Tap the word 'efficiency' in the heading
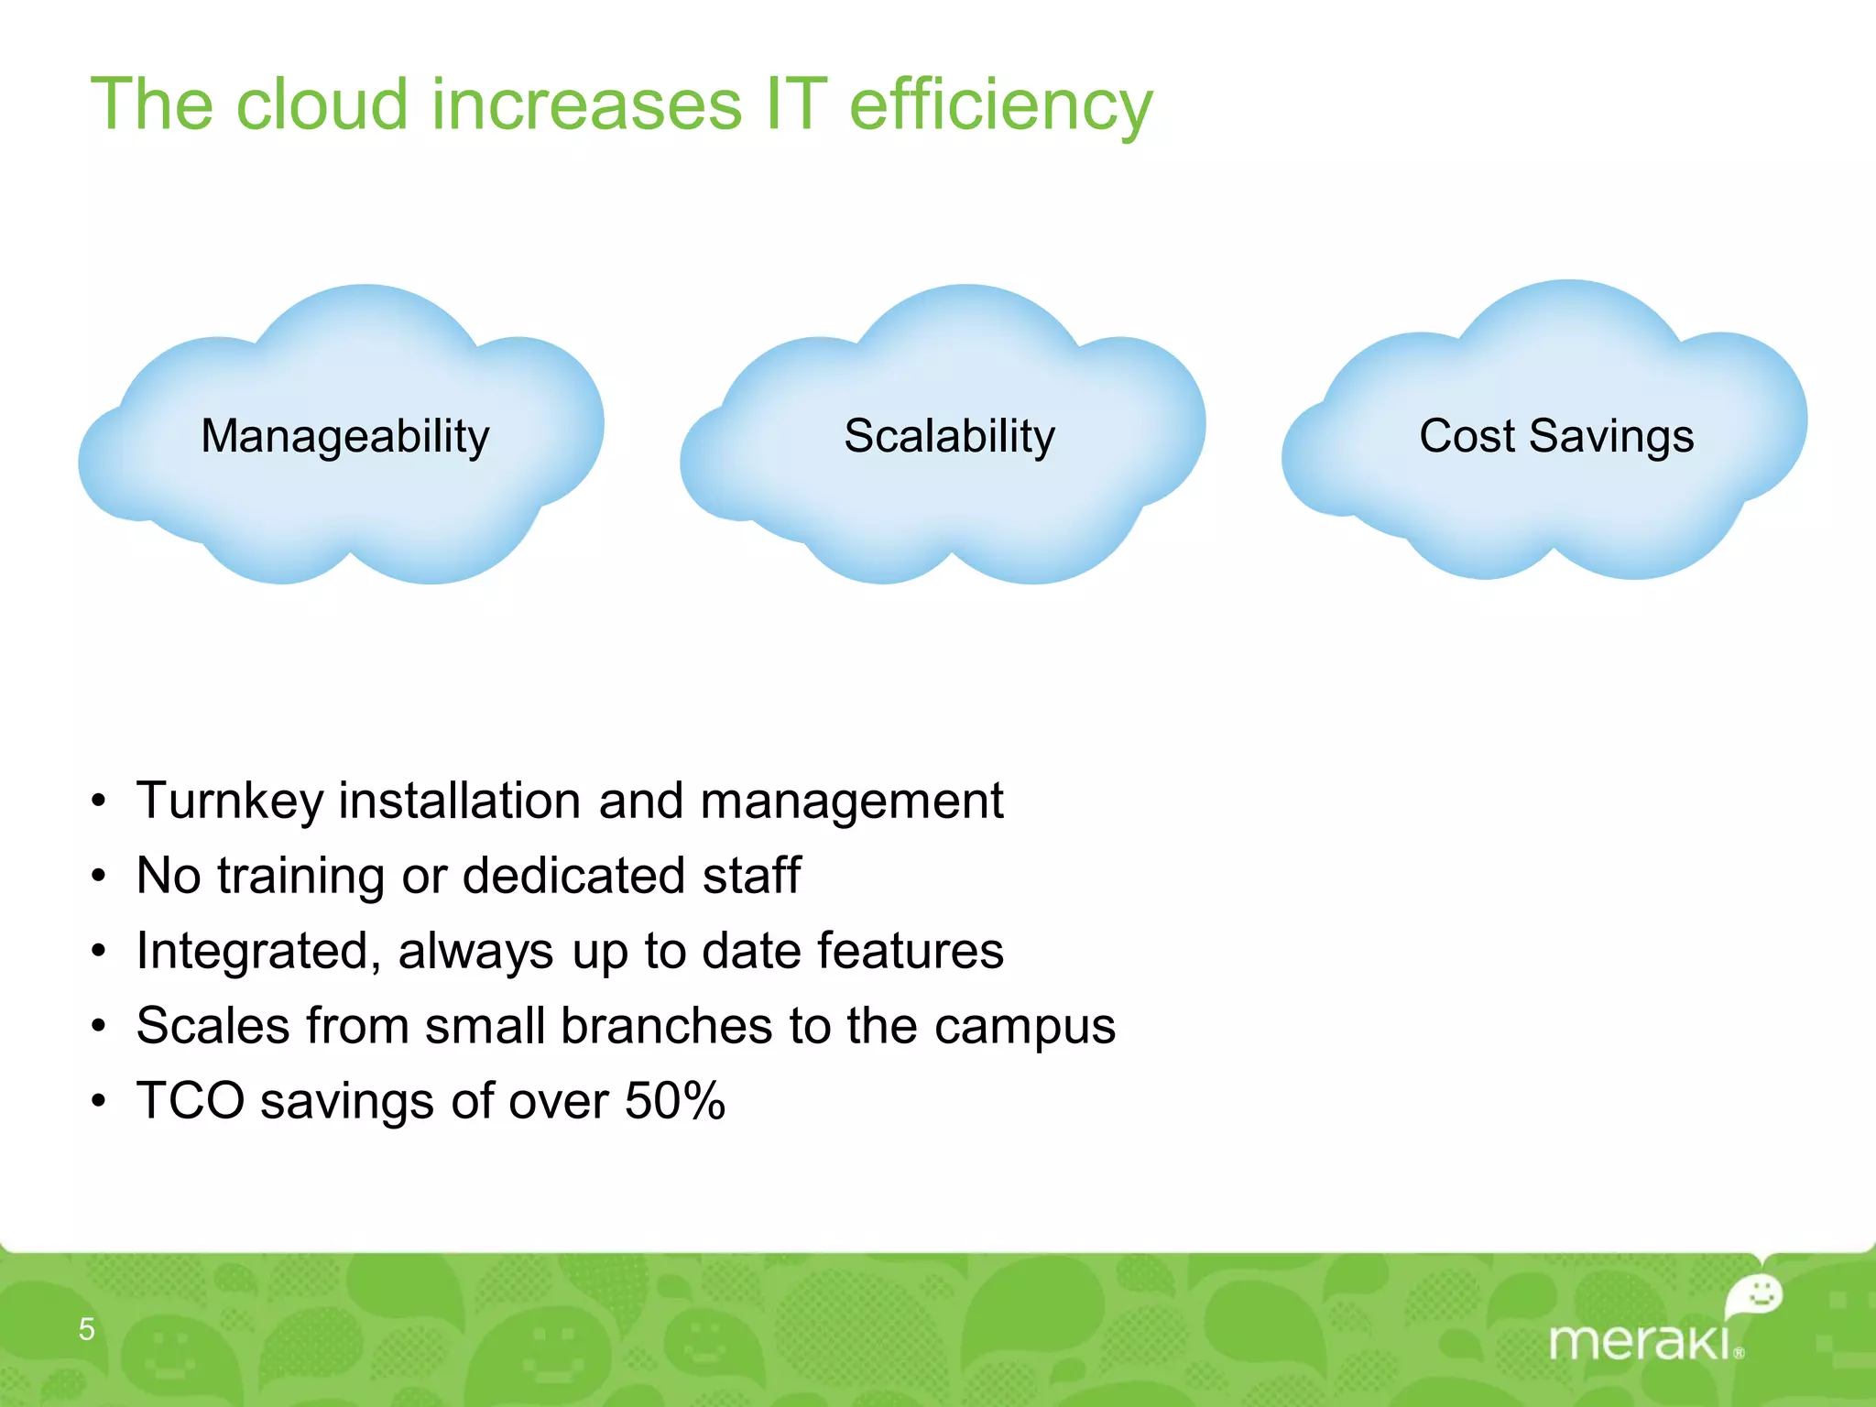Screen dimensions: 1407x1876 1000,106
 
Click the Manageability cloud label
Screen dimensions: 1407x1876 345,436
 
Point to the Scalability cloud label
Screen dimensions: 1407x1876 949,436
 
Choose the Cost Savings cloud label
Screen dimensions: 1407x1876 1556,436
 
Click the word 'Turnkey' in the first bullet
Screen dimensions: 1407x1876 229,802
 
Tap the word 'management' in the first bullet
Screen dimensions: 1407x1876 851,802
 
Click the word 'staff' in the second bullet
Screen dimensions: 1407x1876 751,875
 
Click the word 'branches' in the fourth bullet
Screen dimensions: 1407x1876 666,1025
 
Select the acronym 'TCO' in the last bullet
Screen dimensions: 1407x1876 191,1100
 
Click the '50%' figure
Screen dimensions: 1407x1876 675,1100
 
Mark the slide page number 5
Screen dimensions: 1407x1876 87,1328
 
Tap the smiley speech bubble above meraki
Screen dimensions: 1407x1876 1755,1295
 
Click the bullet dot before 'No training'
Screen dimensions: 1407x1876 99,877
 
